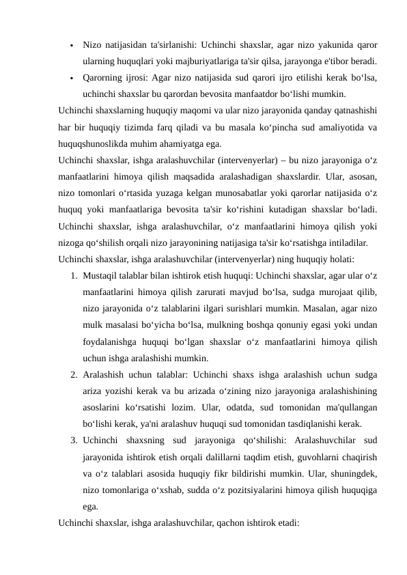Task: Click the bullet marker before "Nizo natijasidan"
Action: click(x=71, y=46)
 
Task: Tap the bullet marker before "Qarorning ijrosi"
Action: click(x=71, y=78)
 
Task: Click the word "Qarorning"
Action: click(x=104, y=77)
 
